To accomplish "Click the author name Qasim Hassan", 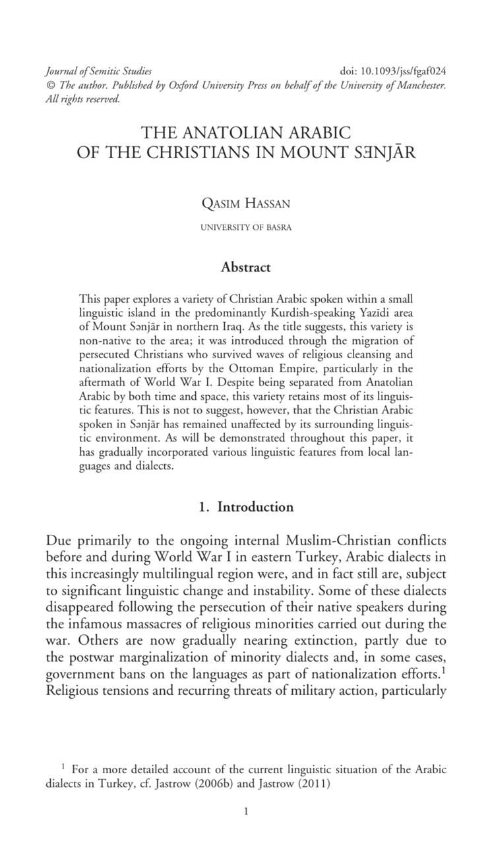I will click(x=245, y=204).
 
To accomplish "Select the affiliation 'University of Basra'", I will click(x=245, y=228).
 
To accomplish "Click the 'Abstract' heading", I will click(x=245, y=267).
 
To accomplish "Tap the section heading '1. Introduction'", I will click(x=245, y=507).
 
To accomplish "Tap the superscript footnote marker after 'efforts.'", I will click(x=444, y=669).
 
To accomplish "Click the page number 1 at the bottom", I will click(x=245, y=812).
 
